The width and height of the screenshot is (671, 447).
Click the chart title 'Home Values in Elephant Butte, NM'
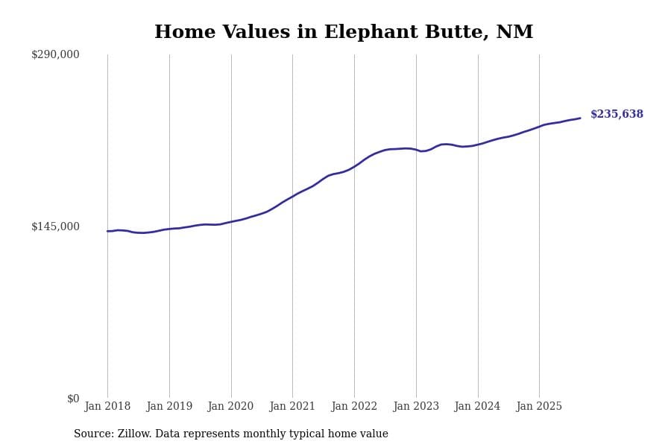coord(344,33)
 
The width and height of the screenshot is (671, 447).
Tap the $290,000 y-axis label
coord(55,54)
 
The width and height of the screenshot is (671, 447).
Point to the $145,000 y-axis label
coord(55,226)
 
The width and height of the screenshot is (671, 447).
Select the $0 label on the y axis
coord(73,399)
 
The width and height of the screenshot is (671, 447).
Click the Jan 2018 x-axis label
coord(107,407)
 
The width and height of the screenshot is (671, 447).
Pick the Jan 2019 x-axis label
coord(169,407)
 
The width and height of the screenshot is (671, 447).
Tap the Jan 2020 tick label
coord(230,407)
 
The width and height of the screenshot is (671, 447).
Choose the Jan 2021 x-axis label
coord(292,407)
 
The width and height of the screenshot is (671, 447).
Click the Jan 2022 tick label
coord(354,407)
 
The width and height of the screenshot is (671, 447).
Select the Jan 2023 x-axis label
coord(416,407)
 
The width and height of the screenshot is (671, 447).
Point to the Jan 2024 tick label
coord(477,407)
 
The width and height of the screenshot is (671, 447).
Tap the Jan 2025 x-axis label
coord(539,407)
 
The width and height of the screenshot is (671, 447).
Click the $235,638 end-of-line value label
coord(617,115)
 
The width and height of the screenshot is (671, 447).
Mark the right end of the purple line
coord(580,118)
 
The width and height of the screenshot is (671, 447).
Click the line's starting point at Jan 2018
coord(107,231)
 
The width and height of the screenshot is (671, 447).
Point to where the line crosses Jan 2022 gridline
coord(354,167)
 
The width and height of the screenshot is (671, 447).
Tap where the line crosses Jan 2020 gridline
coord(231,221)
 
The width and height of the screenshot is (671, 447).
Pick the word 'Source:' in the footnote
coord(94,434)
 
